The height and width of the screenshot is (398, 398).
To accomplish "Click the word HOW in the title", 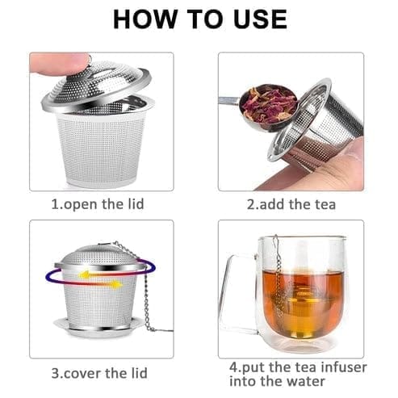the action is click(x=145, y=19).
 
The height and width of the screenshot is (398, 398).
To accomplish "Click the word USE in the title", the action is click(x=260, y=19).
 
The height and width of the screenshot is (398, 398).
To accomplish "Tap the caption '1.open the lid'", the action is click(x=98, y=204).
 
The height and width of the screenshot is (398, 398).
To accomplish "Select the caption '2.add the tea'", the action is click(x=291, y=204).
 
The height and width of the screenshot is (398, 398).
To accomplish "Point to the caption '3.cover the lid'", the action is click(x=99, y=373).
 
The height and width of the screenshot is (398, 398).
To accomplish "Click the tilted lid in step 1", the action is click(x=96, y=86).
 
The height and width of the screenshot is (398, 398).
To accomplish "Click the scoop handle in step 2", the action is click(x=228, y=100).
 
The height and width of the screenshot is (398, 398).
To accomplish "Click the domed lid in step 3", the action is click(x=98, y=258).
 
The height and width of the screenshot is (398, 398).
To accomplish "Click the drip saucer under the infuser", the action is click(x=98, y=326).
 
